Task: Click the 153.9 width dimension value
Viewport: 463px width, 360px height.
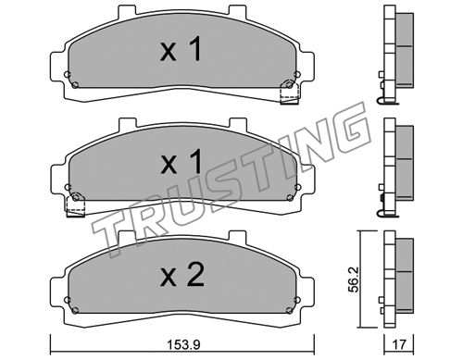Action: (183, 344)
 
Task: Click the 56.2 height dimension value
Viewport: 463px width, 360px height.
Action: (354, 279)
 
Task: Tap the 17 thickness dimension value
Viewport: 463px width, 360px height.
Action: (398, 343)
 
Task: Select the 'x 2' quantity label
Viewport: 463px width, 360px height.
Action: (181, 275)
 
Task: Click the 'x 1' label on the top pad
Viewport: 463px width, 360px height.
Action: (181, 49)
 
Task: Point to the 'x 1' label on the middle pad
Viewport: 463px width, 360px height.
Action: (181, 162)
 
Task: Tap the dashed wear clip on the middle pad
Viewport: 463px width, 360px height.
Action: (75, 205)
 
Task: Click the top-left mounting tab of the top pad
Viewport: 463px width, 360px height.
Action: (128, 11)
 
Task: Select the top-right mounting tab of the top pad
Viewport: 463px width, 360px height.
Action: (238, 11)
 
